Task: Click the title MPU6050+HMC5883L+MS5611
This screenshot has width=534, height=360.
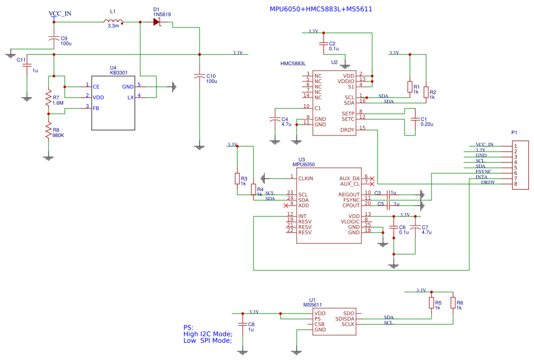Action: (320, 9)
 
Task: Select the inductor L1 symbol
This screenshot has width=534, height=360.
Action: (113, 22)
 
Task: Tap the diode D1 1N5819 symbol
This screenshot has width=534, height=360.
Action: (156, 22)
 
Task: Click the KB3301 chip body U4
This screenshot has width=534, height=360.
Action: (113, 103)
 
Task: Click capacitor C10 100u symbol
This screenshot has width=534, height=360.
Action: (200, 77)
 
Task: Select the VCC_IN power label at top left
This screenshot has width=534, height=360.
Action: (59, 13)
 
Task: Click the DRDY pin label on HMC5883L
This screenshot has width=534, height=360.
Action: (347, 130)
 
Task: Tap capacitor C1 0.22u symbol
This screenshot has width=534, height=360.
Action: (415, 119)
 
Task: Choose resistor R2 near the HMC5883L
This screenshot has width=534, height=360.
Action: (426, 92)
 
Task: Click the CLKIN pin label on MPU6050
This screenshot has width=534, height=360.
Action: (305, 178)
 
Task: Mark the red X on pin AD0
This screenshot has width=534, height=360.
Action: (286, 206)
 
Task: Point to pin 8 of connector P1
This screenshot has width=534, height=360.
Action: (515, 184)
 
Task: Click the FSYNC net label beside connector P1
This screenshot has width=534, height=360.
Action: (483, 172)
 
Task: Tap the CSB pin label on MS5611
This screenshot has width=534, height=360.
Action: (319, 324)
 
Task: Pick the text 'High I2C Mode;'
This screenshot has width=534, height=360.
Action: (208, 334)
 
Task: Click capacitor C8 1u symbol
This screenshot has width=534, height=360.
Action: (243, 325)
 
